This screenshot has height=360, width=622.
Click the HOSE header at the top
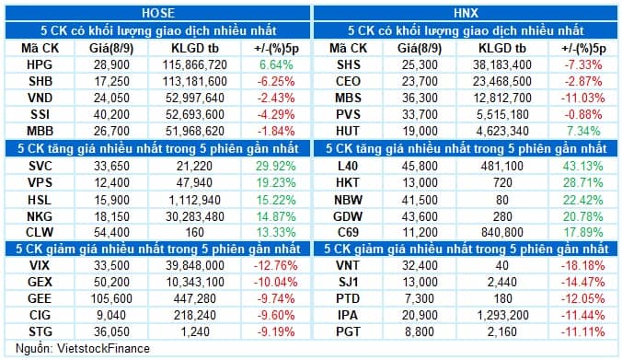pos(156,12)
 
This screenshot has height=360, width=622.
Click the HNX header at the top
pos(466,12)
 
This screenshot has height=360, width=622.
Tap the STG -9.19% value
pos(275,330)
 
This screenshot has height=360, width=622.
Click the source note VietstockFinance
pos(64,348)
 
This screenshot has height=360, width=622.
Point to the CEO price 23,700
pos(424,83)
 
